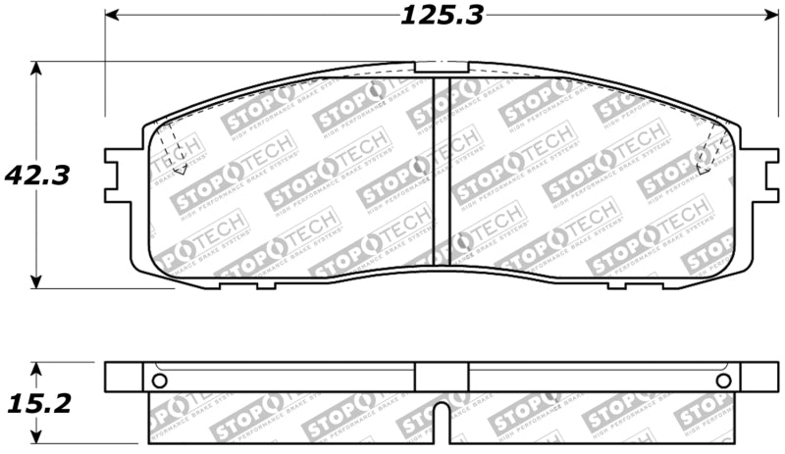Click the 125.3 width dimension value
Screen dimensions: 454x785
(442, 15)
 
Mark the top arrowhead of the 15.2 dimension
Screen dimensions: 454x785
(37, 369)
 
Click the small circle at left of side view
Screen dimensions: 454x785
(161, 380)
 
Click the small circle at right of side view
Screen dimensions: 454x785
(723, 380)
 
